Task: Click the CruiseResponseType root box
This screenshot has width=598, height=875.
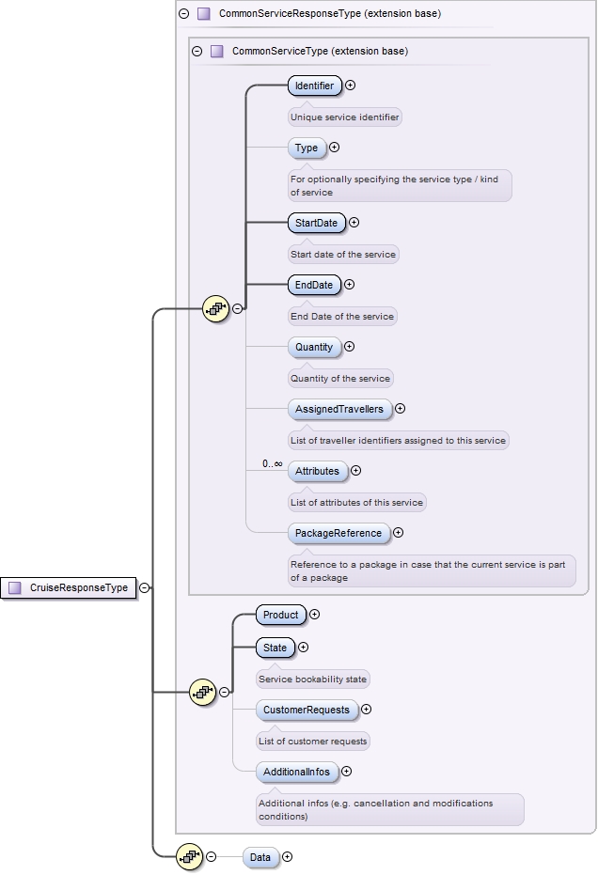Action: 69,587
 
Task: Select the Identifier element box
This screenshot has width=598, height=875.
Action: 314,86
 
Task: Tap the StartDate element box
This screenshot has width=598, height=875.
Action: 316,223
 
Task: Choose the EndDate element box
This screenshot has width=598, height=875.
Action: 313,285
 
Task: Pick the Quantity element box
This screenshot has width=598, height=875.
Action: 314,347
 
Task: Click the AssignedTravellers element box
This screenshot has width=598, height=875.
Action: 339,409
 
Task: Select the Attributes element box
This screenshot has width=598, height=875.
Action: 317,471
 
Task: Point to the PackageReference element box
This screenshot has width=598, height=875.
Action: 338,533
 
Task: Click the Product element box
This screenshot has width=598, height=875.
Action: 280,615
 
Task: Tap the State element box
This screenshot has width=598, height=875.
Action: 275,647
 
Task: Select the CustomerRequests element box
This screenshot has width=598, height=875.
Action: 307,710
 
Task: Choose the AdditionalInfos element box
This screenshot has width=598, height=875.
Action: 296,772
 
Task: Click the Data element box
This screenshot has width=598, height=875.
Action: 260,857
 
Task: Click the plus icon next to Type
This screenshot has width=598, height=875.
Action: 334,148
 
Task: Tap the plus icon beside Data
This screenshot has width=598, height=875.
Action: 287,857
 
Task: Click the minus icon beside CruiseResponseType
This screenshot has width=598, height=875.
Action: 145,587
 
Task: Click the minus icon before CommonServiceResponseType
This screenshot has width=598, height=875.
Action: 184,14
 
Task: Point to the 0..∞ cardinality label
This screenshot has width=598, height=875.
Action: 273,463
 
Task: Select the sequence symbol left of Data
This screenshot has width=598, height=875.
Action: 190,856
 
